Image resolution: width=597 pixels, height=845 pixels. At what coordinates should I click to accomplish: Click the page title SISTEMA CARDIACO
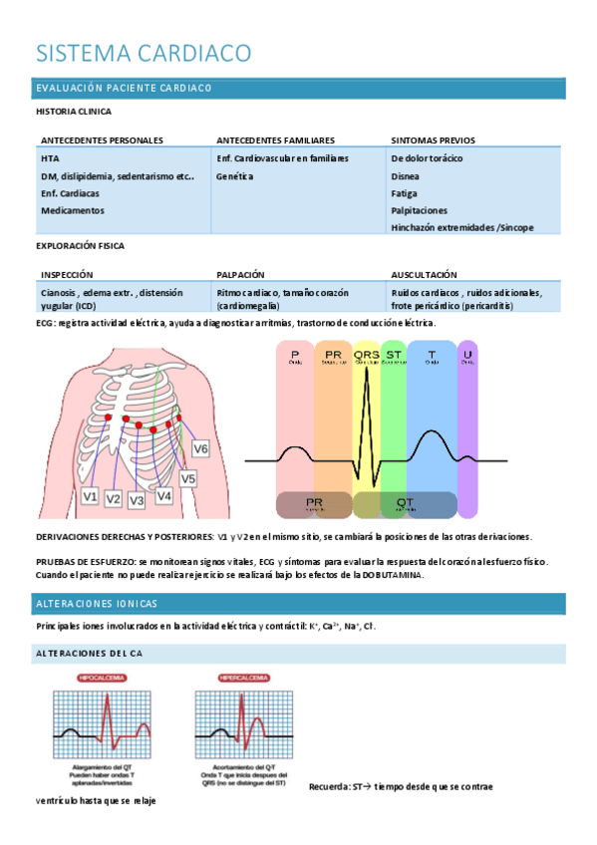pyautogui.click(x=143, y=53)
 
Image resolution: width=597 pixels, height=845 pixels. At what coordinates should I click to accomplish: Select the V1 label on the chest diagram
pyautogui.click(x=90, y=495)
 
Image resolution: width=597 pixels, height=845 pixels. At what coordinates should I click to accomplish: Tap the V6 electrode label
pyautogui.click(x=200, y=449)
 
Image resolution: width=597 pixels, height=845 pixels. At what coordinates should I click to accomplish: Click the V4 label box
pyautogui.click(x=163, y=495)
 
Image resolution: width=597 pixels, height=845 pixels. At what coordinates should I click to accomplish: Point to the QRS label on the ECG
pyautogui.click(x=367, y=355)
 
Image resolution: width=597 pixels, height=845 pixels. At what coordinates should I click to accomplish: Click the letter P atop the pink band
pyautogui.click(x=295, y=355)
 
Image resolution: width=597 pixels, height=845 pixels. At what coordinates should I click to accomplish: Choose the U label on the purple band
pyautogui.click(x=467, y=355)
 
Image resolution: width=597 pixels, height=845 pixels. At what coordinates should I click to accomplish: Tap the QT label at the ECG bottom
pyautogui.click(x=406, y=503)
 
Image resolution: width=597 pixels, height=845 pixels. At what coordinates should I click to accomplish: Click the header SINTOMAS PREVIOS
pyautogui.click(x=433, y=141)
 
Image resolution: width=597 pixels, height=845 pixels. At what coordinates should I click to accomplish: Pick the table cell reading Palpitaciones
pyautogui.click(x=419, y=210)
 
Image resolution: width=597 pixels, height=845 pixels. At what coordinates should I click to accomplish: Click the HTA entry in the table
pyautogui.click(x=50, y=158)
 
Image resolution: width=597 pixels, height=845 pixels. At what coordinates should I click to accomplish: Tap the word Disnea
pyautogui.click(x=405, y=175)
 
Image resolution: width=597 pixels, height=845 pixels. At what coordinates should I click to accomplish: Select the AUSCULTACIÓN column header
pyautogui.click(x=424, y=274)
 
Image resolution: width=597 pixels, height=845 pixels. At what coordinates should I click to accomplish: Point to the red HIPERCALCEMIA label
pyautogui.click(x=244, y=678)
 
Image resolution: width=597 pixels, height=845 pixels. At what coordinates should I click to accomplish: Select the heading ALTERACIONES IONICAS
pyautogui.click(x=96, y=604)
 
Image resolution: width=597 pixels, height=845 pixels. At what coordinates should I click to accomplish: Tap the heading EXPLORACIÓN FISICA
pyautogui.click(x=80, y=245)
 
